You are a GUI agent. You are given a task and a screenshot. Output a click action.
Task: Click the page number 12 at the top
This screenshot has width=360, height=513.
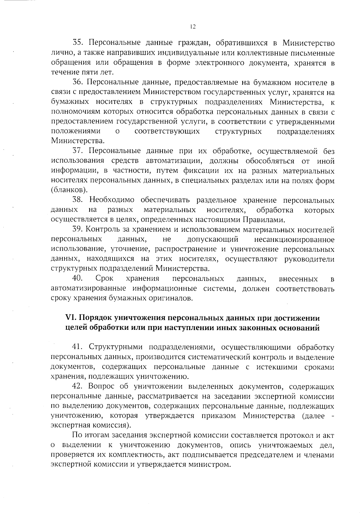[x=193, y=27]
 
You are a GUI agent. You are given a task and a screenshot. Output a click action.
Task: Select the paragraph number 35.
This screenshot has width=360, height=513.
[x=78, y=43]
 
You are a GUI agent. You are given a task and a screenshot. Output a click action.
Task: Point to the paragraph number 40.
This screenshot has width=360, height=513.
[x=78, y=279]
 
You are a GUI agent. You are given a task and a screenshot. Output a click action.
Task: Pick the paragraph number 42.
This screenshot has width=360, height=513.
[x=78, y=386]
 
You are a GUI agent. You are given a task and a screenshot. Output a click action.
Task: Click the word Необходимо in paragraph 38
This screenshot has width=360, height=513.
[x=112, y=200]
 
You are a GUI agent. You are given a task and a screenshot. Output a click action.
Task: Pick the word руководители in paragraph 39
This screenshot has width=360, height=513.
[x=309, y=259]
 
